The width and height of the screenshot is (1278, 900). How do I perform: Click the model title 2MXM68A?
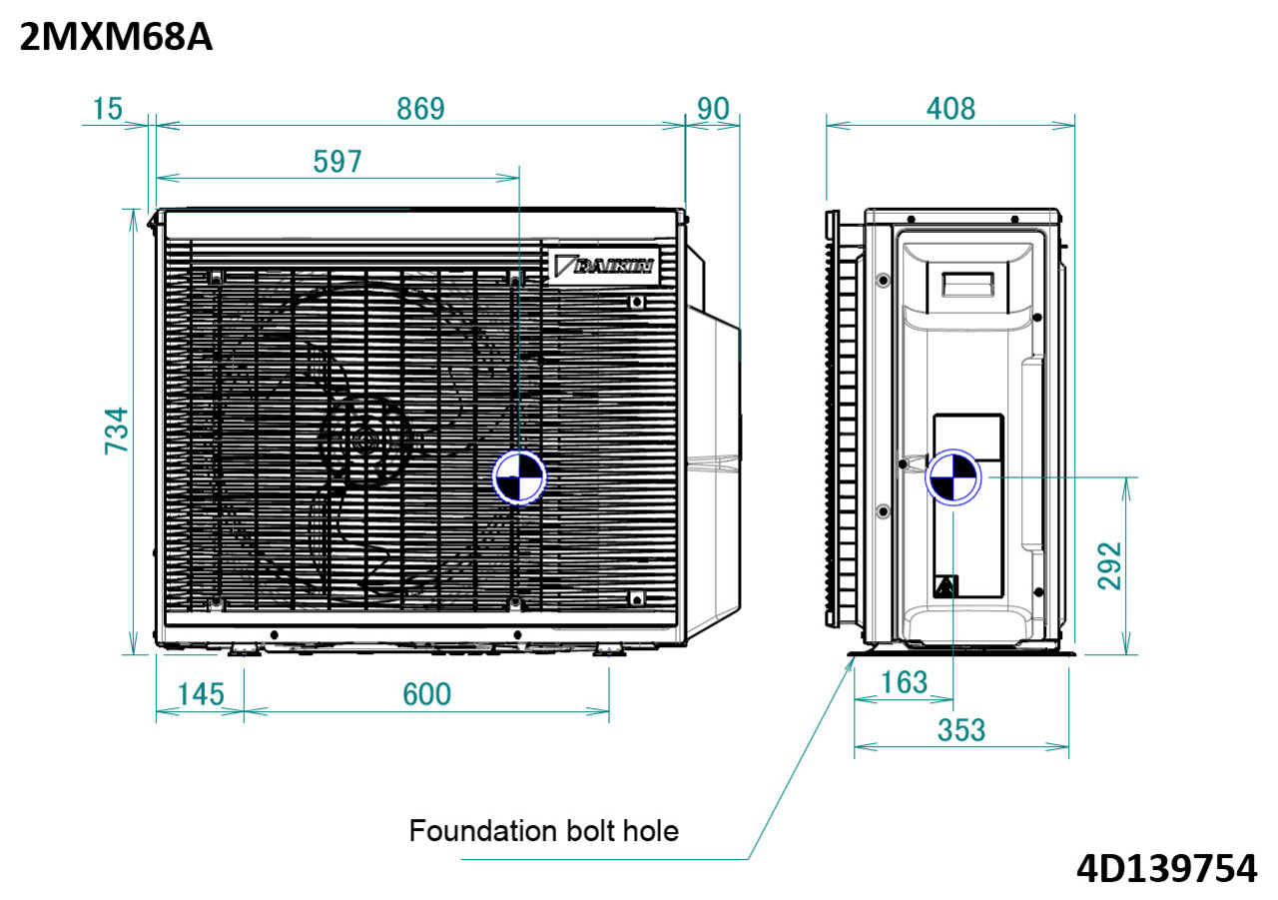click(115, 37)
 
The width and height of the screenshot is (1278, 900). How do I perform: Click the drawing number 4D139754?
click(1165, 868)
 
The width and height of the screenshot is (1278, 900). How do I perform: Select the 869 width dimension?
click(420, 109)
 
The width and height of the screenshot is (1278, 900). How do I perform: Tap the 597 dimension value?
click(337, 162)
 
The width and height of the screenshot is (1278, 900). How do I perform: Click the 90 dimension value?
click(713, 109)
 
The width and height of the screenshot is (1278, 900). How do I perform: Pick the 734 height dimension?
click(118, 431)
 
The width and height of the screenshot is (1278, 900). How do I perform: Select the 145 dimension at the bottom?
click(200, 693)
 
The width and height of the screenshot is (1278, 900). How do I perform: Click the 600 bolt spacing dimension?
click(427, 693)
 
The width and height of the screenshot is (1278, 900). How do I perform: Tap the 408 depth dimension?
click(950, 109)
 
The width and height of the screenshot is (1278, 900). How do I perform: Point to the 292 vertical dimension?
click(1109, 565)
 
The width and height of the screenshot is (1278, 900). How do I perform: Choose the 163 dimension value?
click(905, 682)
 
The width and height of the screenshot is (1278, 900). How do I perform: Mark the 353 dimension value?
click(960, 730)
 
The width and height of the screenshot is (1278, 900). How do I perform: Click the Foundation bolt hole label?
click(543, 830)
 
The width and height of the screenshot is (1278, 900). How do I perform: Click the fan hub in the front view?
click(364, 440)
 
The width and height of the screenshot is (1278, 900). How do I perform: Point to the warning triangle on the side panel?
click(946, 585)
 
